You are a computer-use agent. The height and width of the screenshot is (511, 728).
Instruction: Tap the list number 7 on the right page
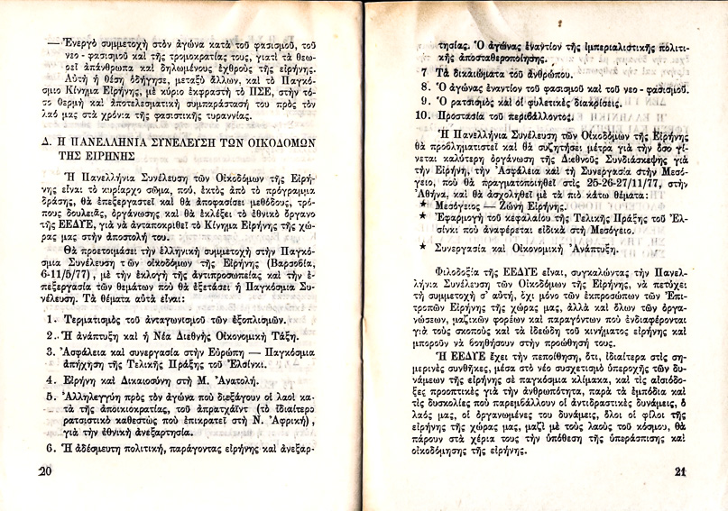tap(424, 69)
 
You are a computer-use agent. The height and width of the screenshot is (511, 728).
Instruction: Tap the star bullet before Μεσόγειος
tap(423, 206)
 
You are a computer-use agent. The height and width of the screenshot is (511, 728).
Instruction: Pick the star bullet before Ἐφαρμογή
tap(423, 220)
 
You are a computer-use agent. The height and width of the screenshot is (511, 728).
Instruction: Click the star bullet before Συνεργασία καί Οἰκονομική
tap(423, 244)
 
